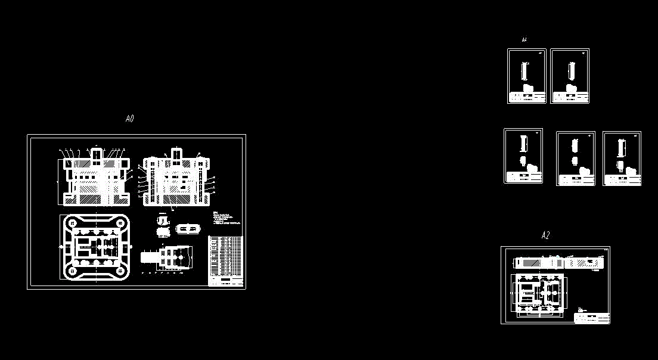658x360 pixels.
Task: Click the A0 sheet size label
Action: [x=129, y=119]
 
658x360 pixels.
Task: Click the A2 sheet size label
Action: [x=545, y=235]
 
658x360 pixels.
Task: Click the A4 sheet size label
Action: [x=524, y=40]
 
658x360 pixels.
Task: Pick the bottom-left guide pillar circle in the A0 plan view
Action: [x=73, y=271]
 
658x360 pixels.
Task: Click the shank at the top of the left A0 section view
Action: [x=97, y=154]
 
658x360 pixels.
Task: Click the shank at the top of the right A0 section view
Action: [x=176, y=154]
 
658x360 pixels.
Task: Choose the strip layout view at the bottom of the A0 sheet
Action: [x=167, y=257]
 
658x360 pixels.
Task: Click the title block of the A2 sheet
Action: [x=592, y=318]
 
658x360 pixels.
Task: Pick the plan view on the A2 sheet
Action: [x=538, y=293]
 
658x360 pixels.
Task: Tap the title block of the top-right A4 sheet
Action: [x=570, y=97]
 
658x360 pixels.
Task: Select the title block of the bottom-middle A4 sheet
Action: [x=576, y=179]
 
